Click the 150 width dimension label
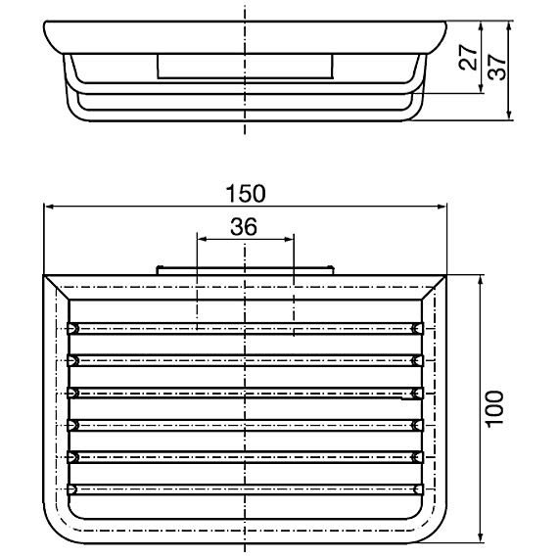pos(246,193)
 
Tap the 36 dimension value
pos(244,227)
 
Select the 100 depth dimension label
pos(495,409)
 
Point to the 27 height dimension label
pos(468,58)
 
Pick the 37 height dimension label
pos(496,68)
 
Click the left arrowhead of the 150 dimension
pos(48,207)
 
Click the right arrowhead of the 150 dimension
pos(442,207)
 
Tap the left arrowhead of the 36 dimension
pos(202,239)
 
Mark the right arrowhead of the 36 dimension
pos(289,239)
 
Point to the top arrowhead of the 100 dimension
pos(481,280)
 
